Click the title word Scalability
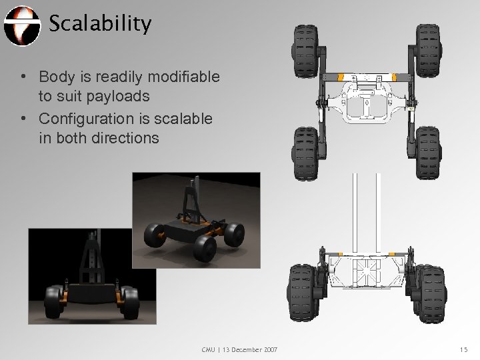tap(100, 25)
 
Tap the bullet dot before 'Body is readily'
tap(24, 79)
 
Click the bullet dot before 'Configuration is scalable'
tap(24, 119)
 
